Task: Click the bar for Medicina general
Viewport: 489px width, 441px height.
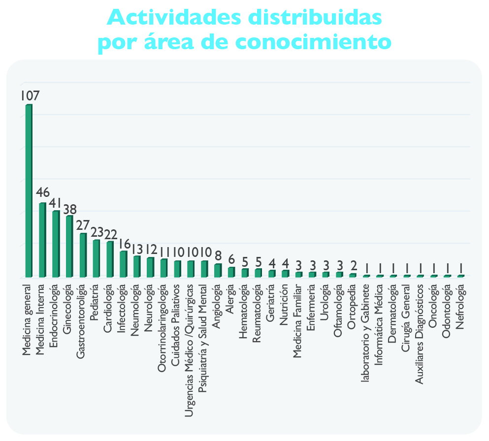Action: coord(29,191)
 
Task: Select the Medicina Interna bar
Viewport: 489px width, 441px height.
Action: coord(42,240)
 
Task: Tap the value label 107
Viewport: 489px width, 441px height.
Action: coord(30,96)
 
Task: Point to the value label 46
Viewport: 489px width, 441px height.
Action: coord(43,192)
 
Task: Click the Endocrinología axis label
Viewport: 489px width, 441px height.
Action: coord(54,315)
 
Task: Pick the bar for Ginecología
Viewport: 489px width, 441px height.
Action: coord(69,246)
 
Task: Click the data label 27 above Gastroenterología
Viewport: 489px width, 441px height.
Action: coord(83,225)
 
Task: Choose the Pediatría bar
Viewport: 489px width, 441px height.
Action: coord(97,258)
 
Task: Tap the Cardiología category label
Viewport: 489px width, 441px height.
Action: coord(107,308)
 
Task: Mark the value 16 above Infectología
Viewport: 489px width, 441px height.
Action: coord(124,244)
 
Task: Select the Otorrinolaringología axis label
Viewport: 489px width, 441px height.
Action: coord(162,328)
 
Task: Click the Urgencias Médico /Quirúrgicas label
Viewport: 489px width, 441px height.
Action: coord(189,350)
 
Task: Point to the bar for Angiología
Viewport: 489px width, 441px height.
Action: coord(218,270)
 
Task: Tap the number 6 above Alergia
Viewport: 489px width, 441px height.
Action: coord(231,259)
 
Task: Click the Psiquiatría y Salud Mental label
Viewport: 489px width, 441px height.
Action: coord(203,338)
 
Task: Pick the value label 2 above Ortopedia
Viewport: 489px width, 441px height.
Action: coord(354,266)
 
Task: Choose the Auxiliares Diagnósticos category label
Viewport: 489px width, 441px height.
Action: coord(420,334)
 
